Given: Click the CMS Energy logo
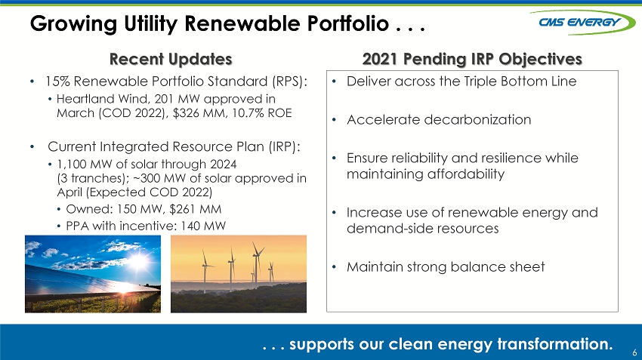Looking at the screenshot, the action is click(582, 22).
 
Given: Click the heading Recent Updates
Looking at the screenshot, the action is click(171, 60).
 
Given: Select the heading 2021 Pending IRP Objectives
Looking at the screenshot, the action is click(472, 60).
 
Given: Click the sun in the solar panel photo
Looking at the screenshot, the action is click(138, 260).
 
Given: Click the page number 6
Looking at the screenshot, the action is click(634, 352).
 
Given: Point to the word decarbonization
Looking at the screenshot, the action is click(477, 119).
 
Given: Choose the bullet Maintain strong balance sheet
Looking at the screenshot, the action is click(446, 266).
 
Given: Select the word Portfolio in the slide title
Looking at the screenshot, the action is click(347, 23).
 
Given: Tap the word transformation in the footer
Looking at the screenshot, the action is click(555, 343).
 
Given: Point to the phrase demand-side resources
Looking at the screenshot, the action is click(422, 228).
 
